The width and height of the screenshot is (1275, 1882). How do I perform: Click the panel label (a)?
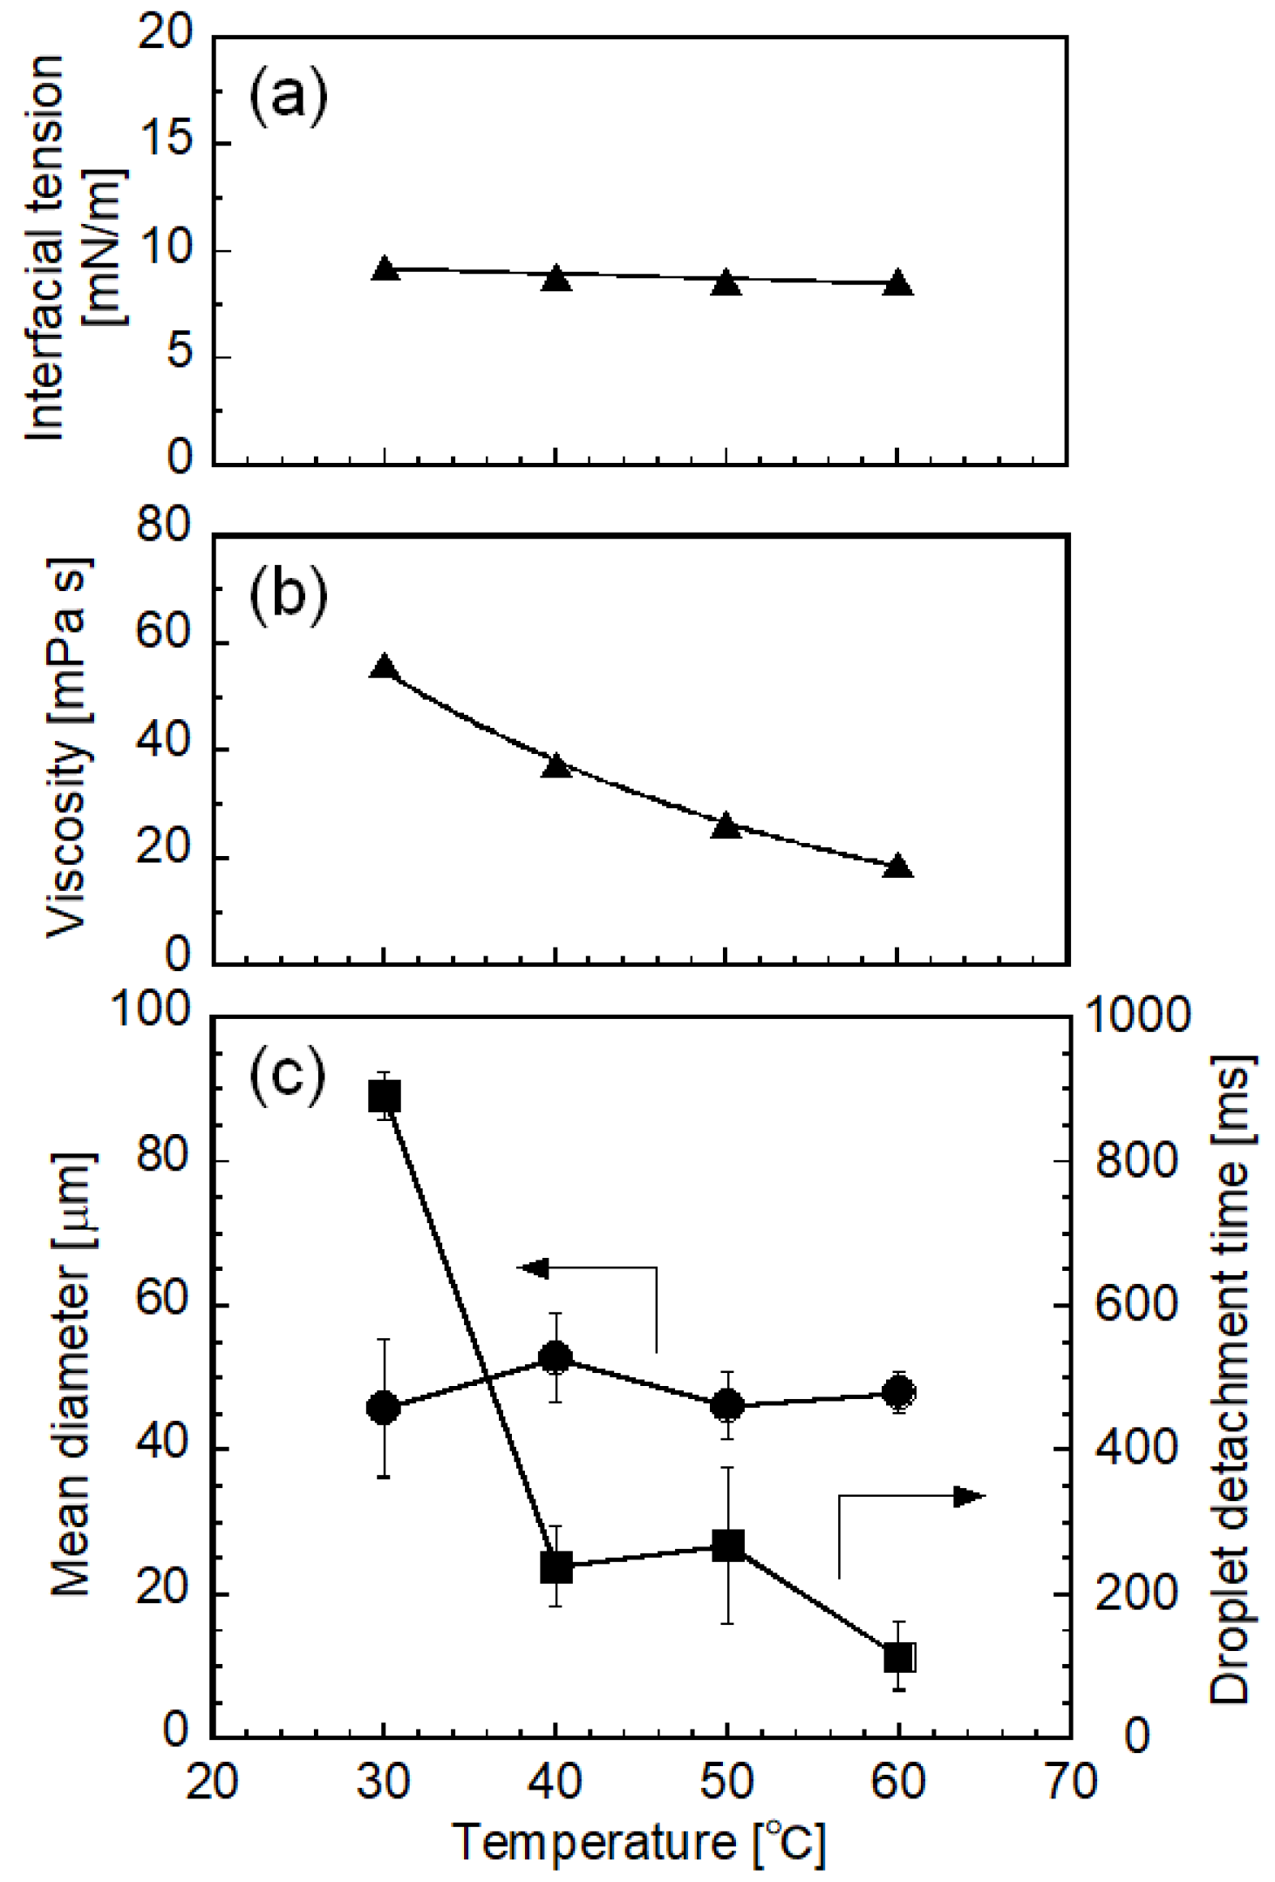[x=289, y=98]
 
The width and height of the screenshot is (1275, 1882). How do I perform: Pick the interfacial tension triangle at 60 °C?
[x=897, y=284]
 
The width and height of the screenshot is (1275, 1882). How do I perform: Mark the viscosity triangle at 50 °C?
[x=726, y=826]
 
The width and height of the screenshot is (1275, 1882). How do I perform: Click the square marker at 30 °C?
[x=385, y=1097]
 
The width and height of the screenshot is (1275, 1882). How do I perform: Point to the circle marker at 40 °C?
[x=556, y=1357]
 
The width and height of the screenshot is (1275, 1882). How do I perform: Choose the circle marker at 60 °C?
[x=898, y=1392]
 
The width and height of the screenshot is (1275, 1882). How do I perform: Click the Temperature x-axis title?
[x=638, y=1843]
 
